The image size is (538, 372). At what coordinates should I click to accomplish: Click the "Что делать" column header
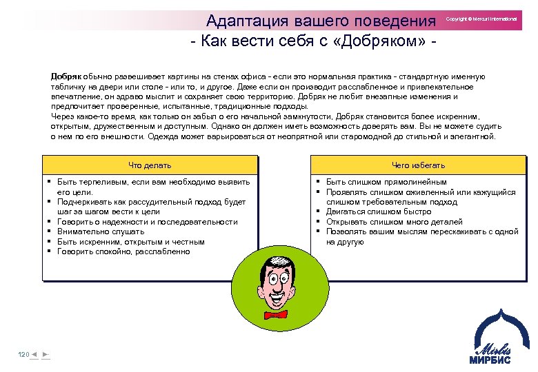coord(150,165)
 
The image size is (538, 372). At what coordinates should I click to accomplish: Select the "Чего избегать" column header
coord(418,165)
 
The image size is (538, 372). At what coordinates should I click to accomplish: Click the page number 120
coord(23,354)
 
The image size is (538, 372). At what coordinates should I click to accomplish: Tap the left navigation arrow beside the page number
coord(34,354)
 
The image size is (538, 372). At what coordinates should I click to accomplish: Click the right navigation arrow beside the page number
coord(45,354)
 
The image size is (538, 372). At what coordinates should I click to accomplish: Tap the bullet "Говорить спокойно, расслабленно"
coord(123,252)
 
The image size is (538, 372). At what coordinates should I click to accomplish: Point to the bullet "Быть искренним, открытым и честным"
coord(130,242)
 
